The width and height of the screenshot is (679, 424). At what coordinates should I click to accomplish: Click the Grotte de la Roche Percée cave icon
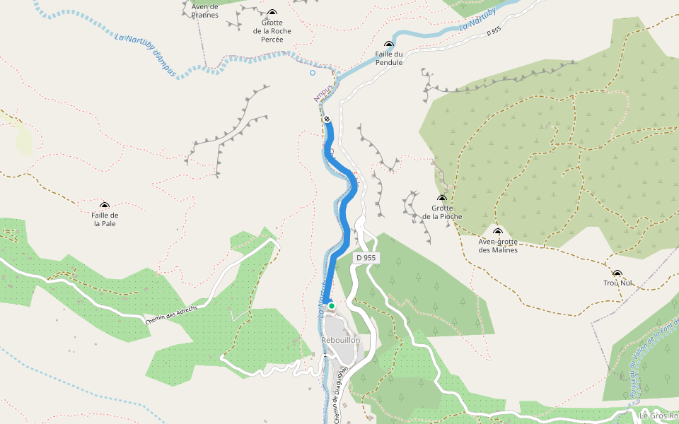[x=272, y=13]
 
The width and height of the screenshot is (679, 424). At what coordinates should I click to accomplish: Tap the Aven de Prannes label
[x=205, y=11]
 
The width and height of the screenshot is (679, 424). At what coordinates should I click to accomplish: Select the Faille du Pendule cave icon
[x=388, y=45]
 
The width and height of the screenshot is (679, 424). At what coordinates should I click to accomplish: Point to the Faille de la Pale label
[x=105, y=219]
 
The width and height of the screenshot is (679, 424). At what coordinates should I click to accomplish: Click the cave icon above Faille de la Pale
[x=105, y=206]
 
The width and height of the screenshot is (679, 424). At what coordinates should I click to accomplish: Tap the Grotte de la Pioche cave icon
[x=442, y=199]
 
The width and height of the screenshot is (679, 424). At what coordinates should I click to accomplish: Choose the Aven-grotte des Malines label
[x=498, y=245]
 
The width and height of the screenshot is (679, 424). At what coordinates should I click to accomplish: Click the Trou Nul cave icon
[x=617, y=273]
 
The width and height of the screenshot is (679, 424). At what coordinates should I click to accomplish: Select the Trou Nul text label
[x=617, y=283]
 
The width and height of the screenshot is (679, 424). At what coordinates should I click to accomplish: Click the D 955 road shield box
[x=366, y=259]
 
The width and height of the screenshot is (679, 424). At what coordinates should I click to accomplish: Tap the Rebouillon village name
[x=341, y=340]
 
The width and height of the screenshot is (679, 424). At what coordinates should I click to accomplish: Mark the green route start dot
[x=331, y=305]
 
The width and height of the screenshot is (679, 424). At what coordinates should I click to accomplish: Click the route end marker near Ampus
[x=327, y=119]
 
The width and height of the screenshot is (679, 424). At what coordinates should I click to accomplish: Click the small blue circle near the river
[x=312, y=72]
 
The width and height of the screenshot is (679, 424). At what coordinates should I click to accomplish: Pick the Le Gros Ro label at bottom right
[x=658, y=416]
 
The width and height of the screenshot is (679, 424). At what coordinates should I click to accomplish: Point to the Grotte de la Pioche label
[x=442, y=212]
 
